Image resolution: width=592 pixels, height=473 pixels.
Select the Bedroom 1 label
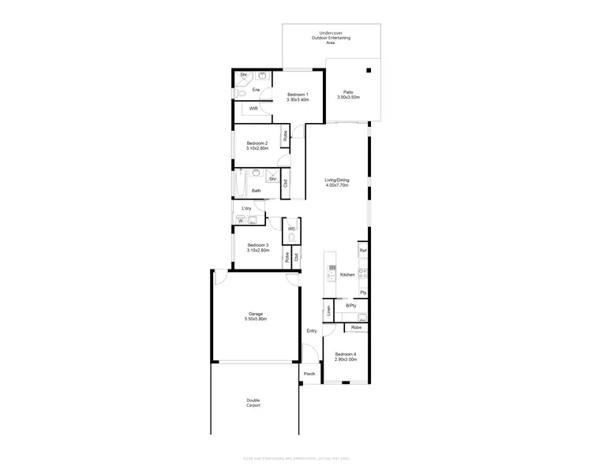click(298, 97)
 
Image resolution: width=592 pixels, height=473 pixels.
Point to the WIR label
click(253, 108)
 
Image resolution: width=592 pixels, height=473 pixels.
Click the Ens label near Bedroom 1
click(256, 90)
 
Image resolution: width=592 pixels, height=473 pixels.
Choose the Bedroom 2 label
click(257, 145)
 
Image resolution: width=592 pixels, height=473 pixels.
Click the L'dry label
click(246, 208)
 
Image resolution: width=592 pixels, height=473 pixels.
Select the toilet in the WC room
click(291, 236)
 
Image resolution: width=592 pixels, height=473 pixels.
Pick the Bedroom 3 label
click(257, 247)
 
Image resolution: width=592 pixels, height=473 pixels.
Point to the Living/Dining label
click(337, 182)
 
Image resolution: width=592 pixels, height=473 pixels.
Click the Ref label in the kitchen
click(363, 250)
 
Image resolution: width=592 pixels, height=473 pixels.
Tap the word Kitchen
click(347, 274)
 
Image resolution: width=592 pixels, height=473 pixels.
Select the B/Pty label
click(351, 305)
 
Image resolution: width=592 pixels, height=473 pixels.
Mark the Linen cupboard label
click(328, 311)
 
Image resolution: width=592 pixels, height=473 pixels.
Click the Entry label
click(312, 330)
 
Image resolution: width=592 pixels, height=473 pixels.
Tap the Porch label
click(309, 374)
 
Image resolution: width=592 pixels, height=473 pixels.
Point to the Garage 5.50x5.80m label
click(255, 316)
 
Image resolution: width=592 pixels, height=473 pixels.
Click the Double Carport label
click(253, 402)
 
